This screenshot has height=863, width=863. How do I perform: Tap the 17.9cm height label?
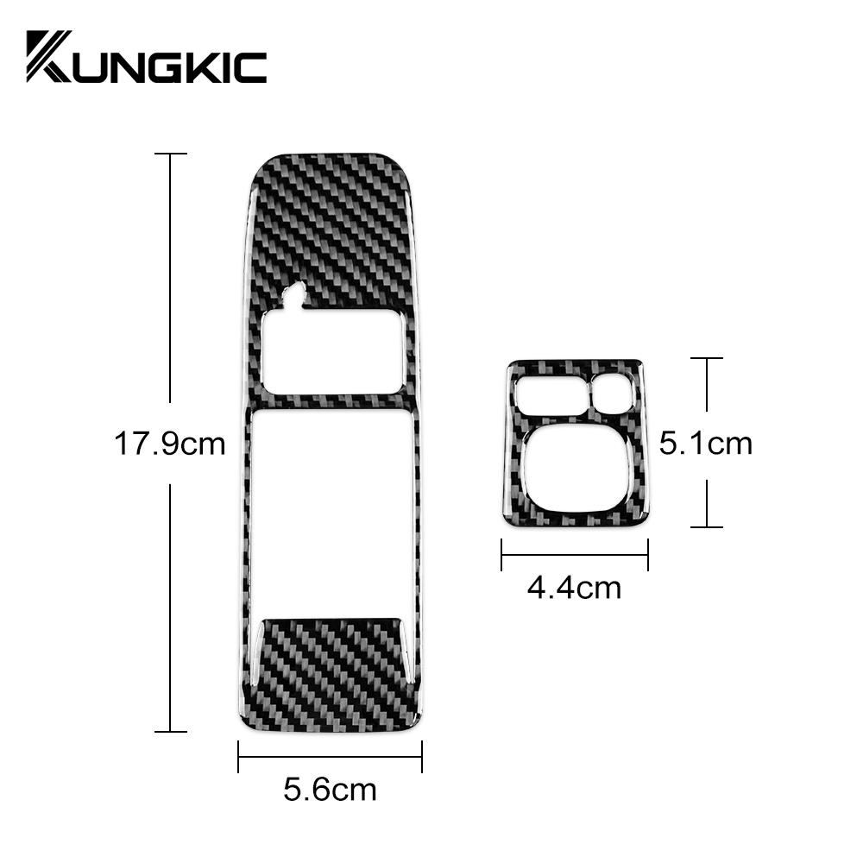169,444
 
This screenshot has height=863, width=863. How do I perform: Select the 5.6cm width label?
330,789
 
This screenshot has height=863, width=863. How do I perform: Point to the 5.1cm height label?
706,444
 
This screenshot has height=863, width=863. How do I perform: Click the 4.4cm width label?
574,588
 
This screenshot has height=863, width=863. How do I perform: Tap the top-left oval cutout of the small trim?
552,396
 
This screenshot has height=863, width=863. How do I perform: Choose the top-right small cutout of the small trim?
613,394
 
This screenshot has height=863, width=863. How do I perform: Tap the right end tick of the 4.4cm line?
647,555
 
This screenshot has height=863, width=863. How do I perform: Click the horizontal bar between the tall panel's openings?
330,401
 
